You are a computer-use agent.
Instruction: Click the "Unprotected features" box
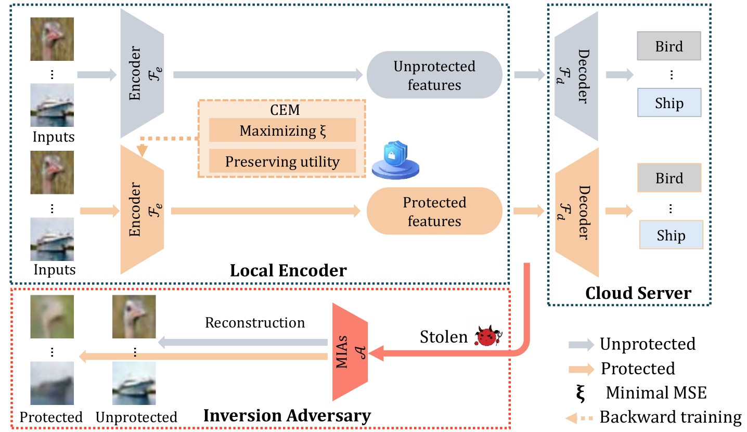click(434, 75)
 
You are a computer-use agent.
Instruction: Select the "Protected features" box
click(434, 212)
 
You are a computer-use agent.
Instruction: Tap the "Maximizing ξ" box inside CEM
click(282, 130)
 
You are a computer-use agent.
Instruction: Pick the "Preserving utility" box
click(282, 161)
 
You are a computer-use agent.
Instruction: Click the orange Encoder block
click(141, 210)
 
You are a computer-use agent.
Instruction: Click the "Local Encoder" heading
click(288, 270)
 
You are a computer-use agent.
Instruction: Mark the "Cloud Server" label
click(638, 293)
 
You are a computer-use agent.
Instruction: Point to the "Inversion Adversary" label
click(287, 416)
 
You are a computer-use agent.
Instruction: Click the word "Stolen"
click(444, 337)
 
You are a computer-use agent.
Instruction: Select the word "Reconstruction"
click(255, 322)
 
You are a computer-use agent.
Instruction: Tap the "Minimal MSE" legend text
click(656, 392)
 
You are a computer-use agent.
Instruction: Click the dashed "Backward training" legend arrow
click(581, 417)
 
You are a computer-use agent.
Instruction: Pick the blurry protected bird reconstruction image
click(51, 317)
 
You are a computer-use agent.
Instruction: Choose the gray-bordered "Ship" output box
click(669, 103)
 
